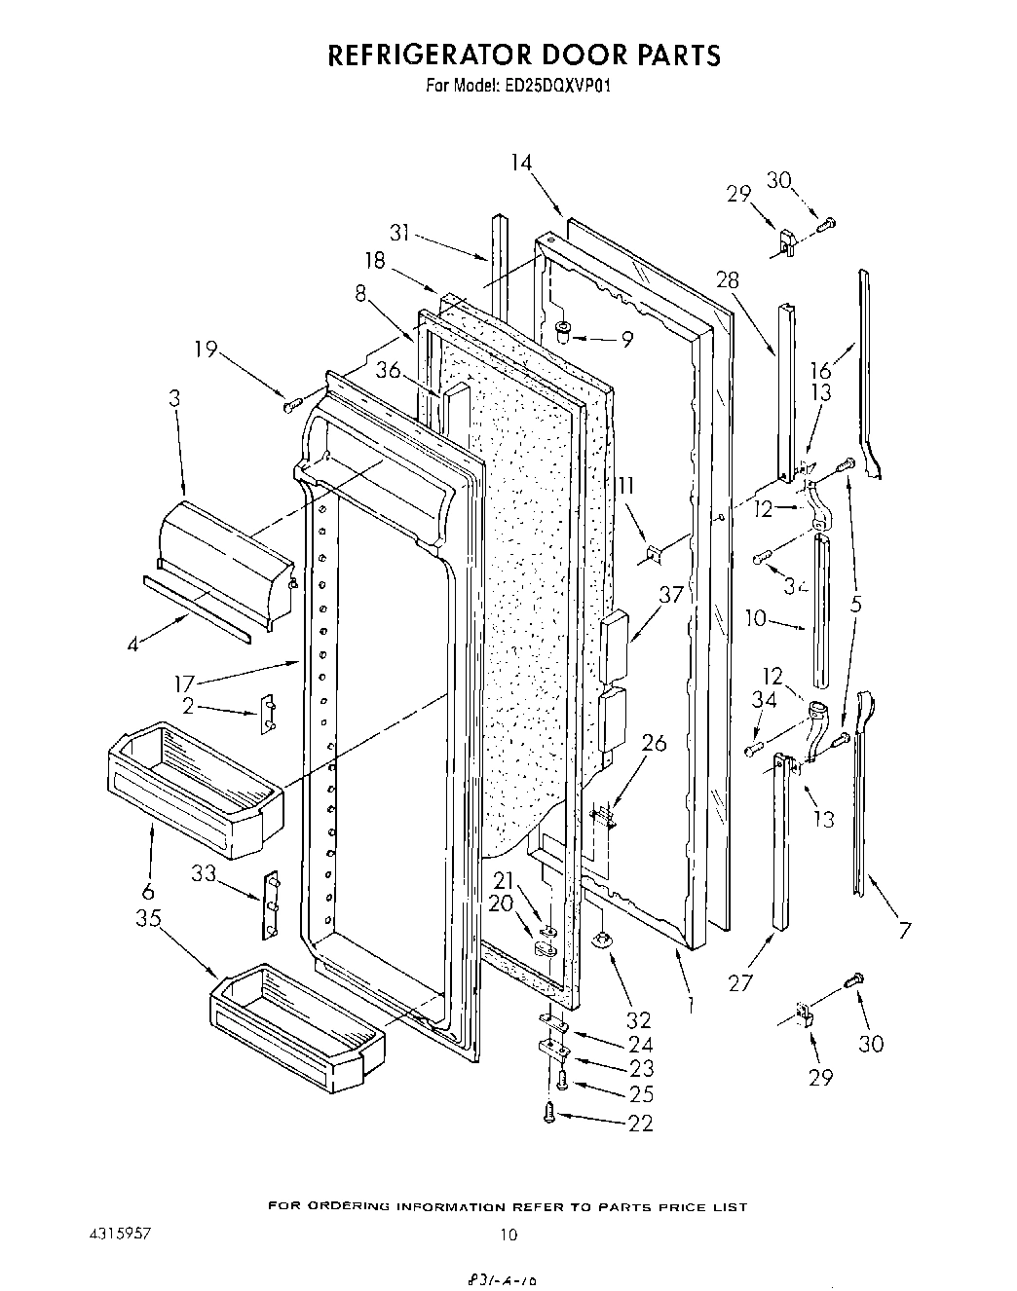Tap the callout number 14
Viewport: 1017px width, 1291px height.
(x=521, y=163)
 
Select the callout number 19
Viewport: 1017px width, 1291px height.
(x=206, y=350)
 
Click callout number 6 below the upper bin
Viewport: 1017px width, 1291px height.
(x=148, y=891)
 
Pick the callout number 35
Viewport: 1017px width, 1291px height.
(x=148, y=917)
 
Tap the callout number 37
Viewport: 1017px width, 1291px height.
(x=671, y=594)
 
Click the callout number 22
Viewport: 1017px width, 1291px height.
(x=640, y=1123)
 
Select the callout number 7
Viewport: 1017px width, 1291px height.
(x=905, y=931)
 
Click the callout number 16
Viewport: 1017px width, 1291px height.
(x=820, y=369)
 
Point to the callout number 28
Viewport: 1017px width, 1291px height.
(x=729, y=281)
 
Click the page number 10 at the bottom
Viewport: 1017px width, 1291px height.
(x=508, y=1235)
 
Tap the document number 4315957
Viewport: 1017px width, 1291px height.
(x=115, y=1232)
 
